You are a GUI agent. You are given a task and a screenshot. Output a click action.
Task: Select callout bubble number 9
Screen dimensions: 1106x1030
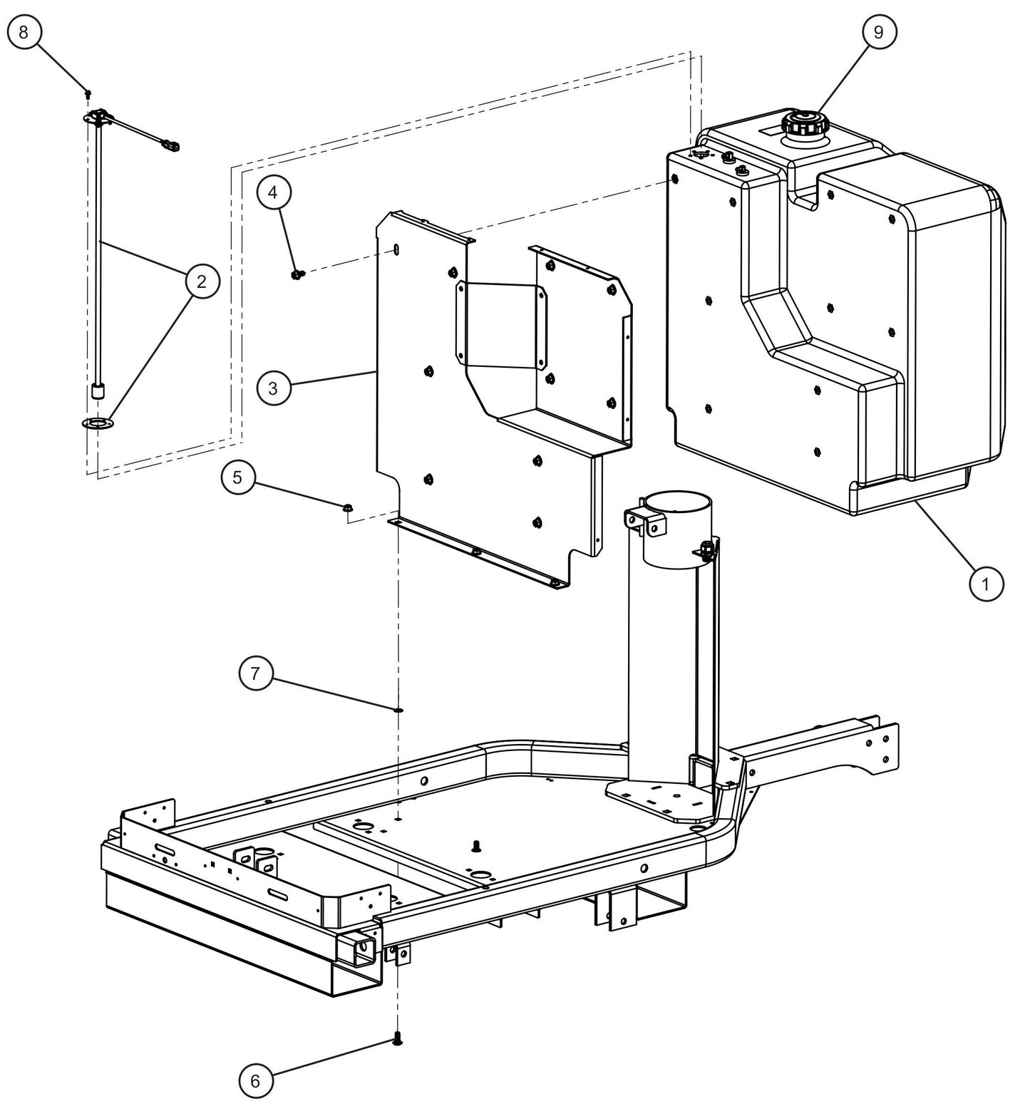pos(878,32)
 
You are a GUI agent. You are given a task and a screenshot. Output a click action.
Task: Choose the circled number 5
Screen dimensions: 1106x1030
pos(238,477)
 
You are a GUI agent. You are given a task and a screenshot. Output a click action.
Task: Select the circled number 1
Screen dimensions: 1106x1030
pos(986,584)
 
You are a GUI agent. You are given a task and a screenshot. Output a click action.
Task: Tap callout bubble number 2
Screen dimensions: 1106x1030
pos(202,281)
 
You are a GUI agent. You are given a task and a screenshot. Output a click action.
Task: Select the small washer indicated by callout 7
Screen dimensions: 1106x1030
pos(398,709)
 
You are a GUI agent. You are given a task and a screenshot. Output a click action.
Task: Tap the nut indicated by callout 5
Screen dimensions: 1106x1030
pos(348,507)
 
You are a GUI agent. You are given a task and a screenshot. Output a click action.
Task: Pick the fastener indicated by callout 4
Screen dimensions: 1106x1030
pos(297,274)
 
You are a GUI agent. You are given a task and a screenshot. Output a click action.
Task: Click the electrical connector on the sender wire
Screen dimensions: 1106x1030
pos(171,146)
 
